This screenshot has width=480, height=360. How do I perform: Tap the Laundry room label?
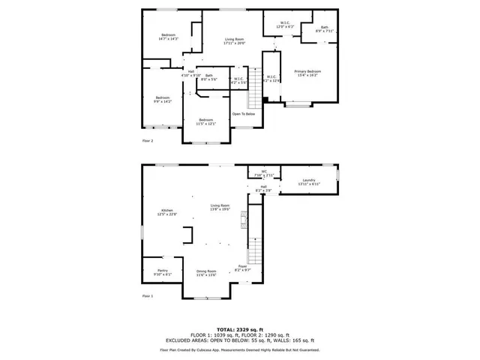tap(308, 181)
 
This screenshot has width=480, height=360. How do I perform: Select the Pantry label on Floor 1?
tap(163, 271)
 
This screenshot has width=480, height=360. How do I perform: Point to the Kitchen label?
tap(166, 210)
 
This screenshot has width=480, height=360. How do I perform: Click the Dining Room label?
tap(206, 271)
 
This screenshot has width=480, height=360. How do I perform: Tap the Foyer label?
tap(242, 266)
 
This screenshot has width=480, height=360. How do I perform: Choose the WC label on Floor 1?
tap(264, 172)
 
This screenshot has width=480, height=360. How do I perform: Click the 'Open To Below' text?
tap(243, 114)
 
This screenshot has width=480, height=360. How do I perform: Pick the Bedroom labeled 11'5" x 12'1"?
tap(206, 120)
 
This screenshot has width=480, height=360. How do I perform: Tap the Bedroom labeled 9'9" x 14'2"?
tap(163, 98)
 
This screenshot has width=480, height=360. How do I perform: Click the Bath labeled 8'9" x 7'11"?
tap(324, 28)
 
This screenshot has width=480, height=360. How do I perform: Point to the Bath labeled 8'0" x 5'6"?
tap(209, 76)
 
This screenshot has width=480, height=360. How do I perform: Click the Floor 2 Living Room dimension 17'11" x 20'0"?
tap(235, 43)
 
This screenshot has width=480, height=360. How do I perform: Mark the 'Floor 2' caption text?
tap(148, 140)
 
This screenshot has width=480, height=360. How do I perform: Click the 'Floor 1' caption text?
tap(148, 296)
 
